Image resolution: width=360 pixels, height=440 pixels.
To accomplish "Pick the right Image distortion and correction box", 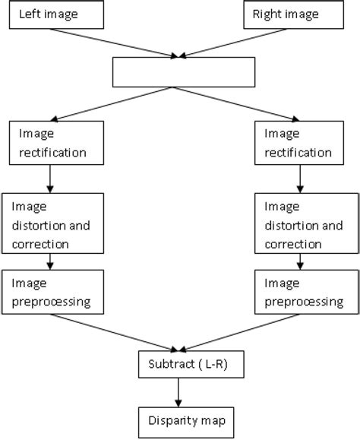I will pyautogui.click(x=305, y=224).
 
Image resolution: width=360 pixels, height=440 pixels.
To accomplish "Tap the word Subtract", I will pyautogui.click(x=166, y=365).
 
